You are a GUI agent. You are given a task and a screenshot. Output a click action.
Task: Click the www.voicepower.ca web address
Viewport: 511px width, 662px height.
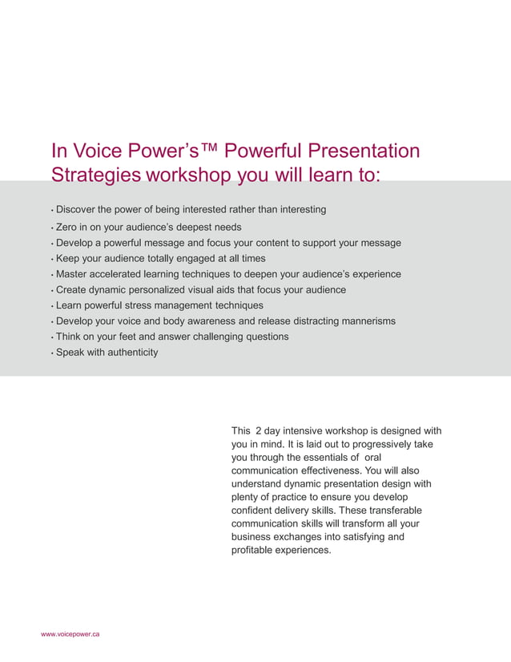[x=70, y=634]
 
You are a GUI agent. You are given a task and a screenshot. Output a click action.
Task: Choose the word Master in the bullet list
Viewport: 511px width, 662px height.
[x=73, y=274]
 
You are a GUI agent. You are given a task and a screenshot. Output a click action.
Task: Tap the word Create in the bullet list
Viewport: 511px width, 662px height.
[x=72, y=289]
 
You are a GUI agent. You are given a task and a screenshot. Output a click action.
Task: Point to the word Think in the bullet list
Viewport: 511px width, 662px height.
[x=69, y=337]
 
